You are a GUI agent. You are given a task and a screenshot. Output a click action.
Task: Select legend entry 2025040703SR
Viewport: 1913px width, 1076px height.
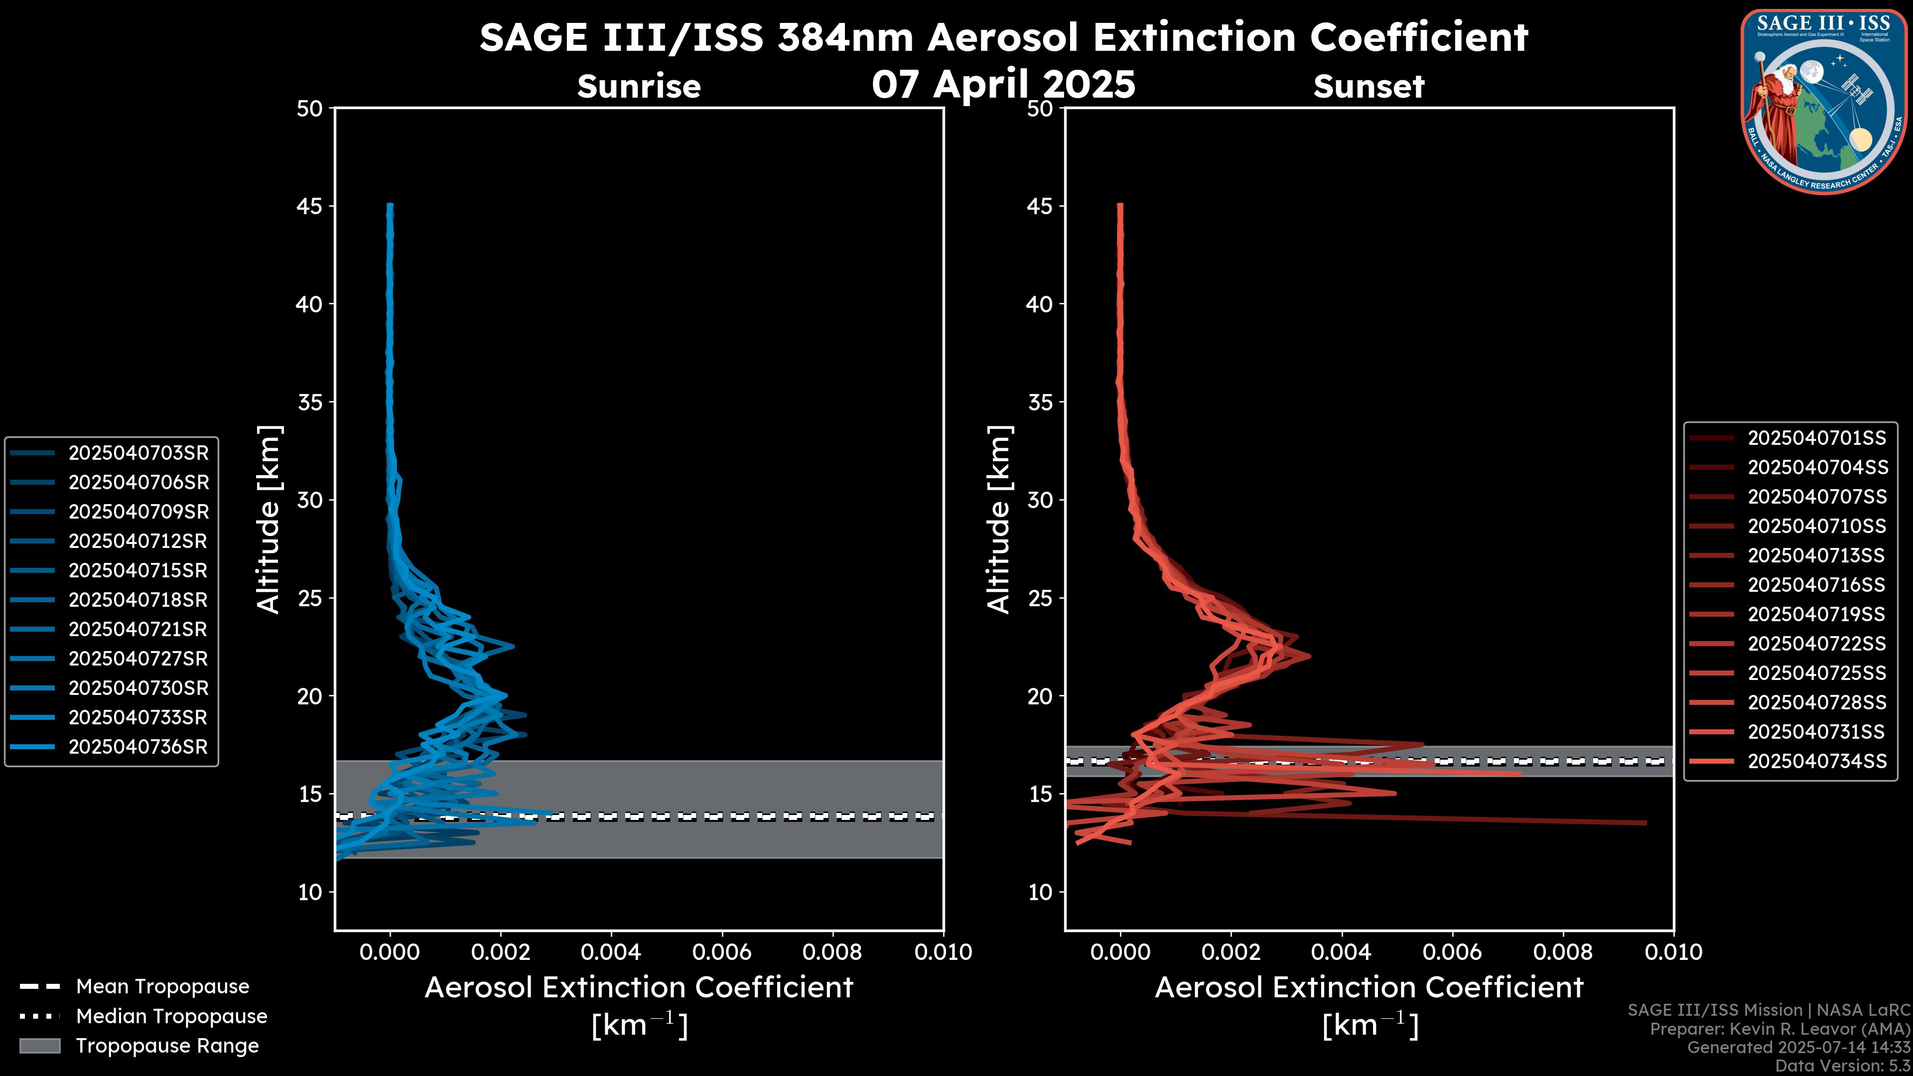point(138,453)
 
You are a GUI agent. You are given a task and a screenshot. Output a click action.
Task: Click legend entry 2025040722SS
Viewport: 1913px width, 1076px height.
point(1816,644)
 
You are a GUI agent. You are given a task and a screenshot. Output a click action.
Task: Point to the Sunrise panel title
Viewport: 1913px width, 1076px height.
point(639,87)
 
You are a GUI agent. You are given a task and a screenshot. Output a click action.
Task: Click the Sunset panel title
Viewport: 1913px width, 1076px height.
point(1368,87)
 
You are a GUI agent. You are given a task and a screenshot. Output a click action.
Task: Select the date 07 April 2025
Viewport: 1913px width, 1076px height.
point(1003,84)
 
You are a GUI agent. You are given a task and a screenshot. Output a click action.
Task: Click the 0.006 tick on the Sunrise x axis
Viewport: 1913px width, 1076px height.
point(722,952)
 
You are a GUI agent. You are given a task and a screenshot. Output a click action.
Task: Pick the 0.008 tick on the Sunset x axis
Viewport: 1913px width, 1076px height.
point(1563,952)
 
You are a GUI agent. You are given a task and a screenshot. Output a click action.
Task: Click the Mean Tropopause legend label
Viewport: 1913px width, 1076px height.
point(162,987)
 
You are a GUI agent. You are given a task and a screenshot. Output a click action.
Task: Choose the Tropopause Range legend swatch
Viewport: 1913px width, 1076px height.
point(40,1046)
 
